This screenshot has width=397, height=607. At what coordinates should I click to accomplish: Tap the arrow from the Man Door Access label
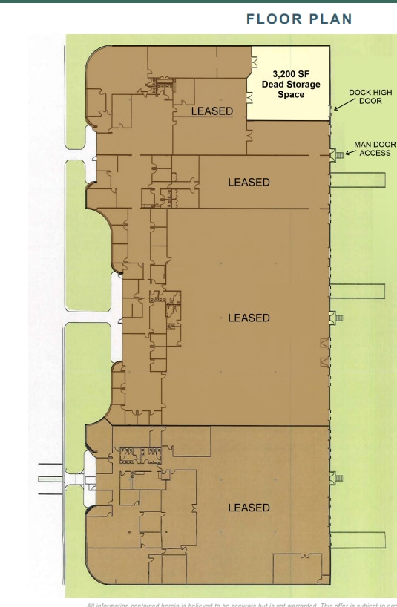(350, 153)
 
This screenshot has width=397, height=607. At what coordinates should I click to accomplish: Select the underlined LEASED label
(212, 111)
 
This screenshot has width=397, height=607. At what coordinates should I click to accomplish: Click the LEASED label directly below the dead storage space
(249, 182)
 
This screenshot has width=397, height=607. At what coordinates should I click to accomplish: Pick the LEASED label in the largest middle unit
(249, 318)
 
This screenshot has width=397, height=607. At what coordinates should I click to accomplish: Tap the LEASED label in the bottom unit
(249, 508)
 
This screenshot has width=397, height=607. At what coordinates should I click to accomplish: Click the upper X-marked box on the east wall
(324, 343)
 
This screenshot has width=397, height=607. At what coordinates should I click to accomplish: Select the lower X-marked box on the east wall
(324, 361)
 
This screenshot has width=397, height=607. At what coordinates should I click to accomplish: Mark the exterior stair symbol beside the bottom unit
(339, 478)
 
